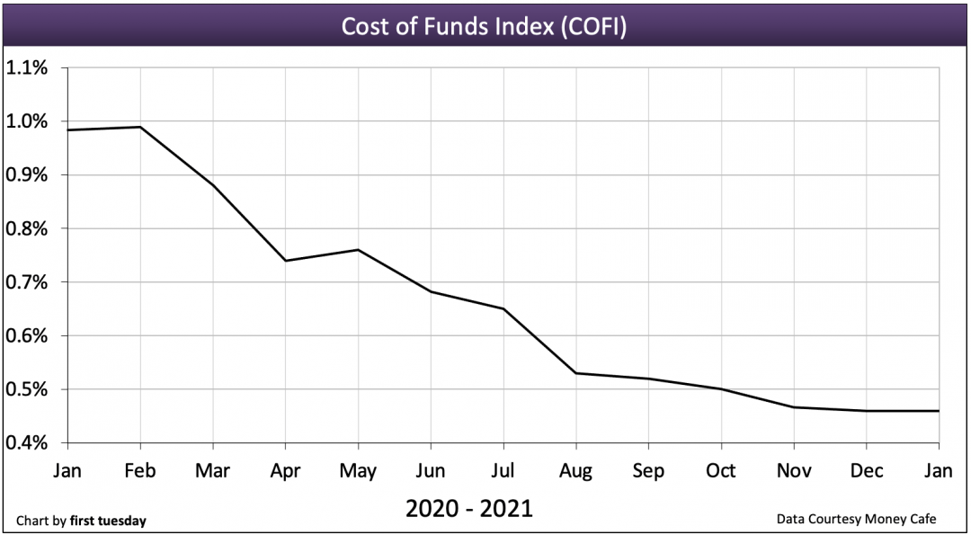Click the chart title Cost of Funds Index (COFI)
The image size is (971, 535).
484,26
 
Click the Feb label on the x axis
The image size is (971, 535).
140,470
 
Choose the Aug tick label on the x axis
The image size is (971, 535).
575,470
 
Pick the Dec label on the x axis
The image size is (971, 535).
866,470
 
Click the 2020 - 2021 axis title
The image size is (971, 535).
468,509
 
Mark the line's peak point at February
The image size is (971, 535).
140,127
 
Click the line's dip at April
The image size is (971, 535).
285,261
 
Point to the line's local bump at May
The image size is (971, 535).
358,250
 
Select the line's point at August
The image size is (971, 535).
575,373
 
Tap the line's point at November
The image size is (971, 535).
793,407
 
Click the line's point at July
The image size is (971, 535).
503,308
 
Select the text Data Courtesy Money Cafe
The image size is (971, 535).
857,520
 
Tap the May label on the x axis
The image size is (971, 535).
358,470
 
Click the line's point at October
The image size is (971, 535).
721,389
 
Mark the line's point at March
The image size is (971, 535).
213,185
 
